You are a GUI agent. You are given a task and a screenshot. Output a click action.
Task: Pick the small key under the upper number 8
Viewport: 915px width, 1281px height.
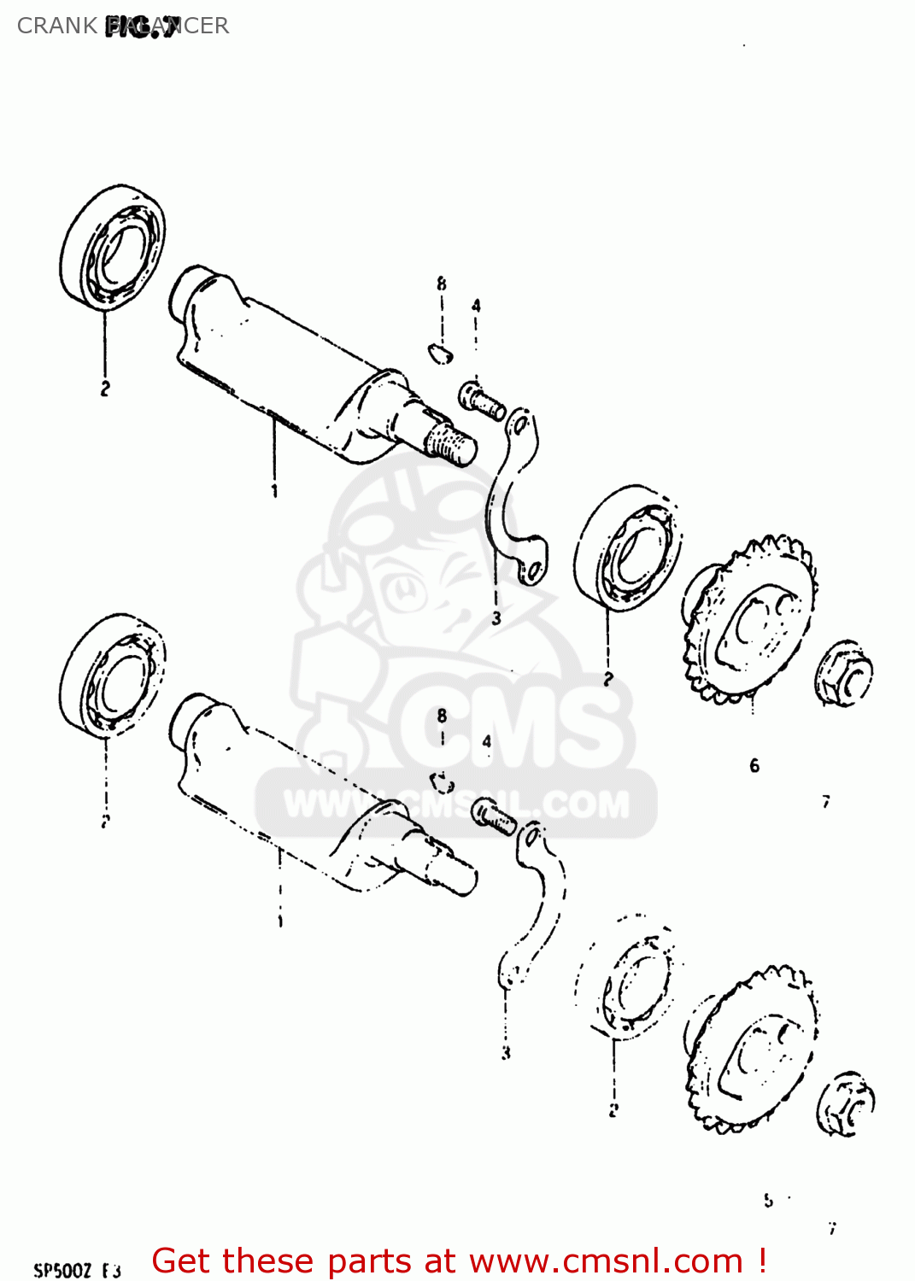(441, 351)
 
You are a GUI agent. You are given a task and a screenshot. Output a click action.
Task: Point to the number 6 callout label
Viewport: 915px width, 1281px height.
(754, 766)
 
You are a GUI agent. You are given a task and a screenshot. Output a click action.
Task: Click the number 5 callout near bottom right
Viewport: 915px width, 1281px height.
(768, 1201)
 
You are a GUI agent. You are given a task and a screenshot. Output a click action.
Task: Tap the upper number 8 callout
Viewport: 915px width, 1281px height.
(442, 284)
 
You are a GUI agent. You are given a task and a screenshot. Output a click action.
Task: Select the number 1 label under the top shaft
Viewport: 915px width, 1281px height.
(274, 491)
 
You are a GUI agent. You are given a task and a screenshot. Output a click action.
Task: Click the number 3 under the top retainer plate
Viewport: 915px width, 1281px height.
(496, 618)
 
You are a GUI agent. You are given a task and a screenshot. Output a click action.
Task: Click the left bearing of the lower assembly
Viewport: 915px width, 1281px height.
(112, 675)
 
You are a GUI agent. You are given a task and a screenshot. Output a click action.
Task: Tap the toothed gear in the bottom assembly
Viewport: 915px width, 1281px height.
(752, 1050)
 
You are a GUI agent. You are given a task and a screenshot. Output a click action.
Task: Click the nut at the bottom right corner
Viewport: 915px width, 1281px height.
(845, 1103)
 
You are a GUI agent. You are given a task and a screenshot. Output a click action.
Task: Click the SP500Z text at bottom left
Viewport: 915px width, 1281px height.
(63, 1271)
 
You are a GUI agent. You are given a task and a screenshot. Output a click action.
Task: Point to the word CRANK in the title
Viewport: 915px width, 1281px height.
(56, 26)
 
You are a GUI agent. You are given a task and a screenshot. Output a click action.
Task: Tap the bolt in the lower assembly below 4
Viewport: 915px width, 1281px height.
(494, 816)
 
